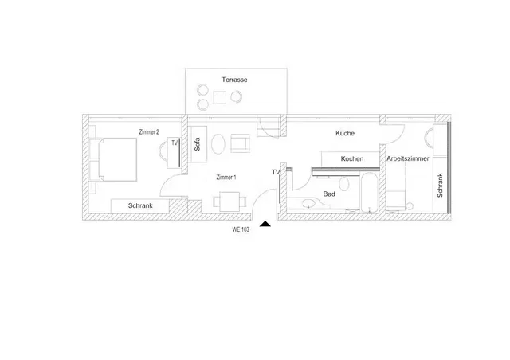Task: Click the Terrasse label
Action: click(234, 80)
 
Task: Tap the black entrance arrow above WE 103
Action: click(265, 224)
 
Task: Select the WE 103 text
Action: click(241, 229)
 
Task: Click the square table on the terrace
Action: click(220, 97)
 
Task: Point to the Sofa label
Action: click(197, 144)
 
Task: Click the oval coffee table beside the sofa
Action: click(218, 144)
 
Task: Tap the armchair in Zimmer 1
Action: click(241, 143)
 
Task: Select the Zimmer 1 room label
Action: click(226, 178)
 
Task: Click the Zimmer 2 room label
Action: click(149, 132)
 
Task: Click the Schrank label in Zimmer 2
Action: click(140, 205)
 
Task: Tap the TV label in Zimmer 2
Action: click(175, 143)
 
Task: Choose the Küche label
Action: click(345, 133)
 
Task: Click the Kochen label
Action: click(352, 158)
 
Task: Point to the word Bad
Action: click(329, 194)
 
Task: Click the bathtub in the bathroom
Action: click(369, 193)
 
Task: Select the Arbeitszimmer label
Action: click(407, 158)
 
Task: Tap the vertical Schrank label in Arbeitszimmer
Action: click(440, 185)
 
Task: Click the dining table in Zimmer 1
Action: click(229, 202)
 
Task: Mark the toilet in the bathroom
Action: click(343, 184)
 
